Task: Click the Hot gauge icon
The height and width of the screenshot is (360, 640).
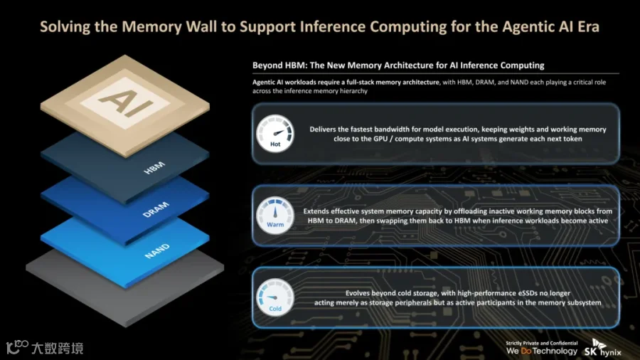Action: coord(275,134)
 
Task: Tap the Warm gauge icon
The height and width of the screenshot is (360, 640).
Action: coord(275,216)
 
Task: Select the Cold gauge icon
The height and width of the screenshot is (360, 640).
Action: coord(275,297)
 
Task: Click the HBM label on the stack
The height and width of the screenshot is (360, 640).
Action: coord(154,167)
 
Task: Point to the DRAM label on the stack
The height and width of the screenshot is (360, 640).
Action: coord(156,209)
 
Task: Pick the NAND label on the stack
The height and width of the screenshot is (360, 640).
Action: coord(157,251)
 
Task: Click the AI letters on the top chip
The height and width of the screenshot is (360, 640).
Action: coord(125,102)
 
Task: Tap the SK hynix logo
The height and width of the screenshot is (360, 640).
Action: coord(602,348)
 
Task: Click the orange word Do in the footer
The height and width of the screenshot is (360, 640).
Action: coord(526,351)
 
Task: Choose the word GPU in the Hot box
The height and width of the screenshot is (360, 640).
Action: coord(380,139)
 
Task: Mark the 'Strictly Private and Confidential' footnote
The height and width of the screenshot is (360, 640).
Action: coord(542,343)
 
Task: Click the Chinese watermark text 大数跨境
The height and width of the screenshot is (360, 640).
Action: coord(57,348)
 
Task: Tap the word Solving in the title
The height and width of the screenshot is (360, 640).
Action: coord(65,27)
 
